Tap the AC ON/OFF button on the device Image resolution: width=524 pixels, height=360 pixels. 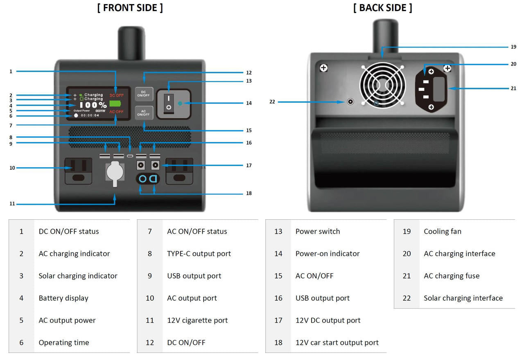[144, 113]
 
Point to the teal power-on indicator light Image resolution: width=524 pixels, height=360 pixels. [181, 103]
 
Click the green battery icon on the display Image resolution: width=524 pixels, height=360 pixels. [116, 103]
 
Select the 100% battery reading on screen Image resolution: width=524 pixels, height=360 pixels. [93, 105]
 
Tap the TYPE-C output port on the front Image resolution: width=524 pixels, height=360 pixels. [130, 156]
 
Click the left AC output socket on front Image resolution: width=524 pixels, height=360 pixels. [78, 171]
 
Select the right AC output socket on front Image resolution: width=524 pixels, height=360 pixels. [179, 171]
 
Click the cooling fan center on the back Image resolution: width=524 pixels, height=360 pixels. [382, 85]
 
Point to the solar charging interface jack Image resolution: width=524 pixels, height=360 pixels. [350, 101]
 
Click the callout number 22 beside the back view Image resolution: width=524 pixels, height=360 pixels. [272, 101]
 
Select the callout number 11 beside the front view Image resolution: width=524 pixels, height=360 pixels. [12, 204]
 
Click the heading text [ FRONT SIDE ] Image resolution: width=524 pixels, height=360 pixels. [130, 8]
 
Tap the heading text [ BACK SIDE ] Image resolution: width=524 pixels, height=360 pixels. [382, 8]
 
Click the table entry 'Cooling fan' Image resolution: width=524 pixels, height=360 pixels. [442, 232]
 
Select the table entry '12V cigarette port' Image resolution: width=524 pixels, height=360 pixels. [197, 321]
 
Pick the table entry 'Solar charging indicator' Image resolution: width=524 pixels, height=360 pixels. [78, 276]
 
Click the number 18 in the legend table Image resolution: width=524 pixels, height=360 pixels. [278, 343]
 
